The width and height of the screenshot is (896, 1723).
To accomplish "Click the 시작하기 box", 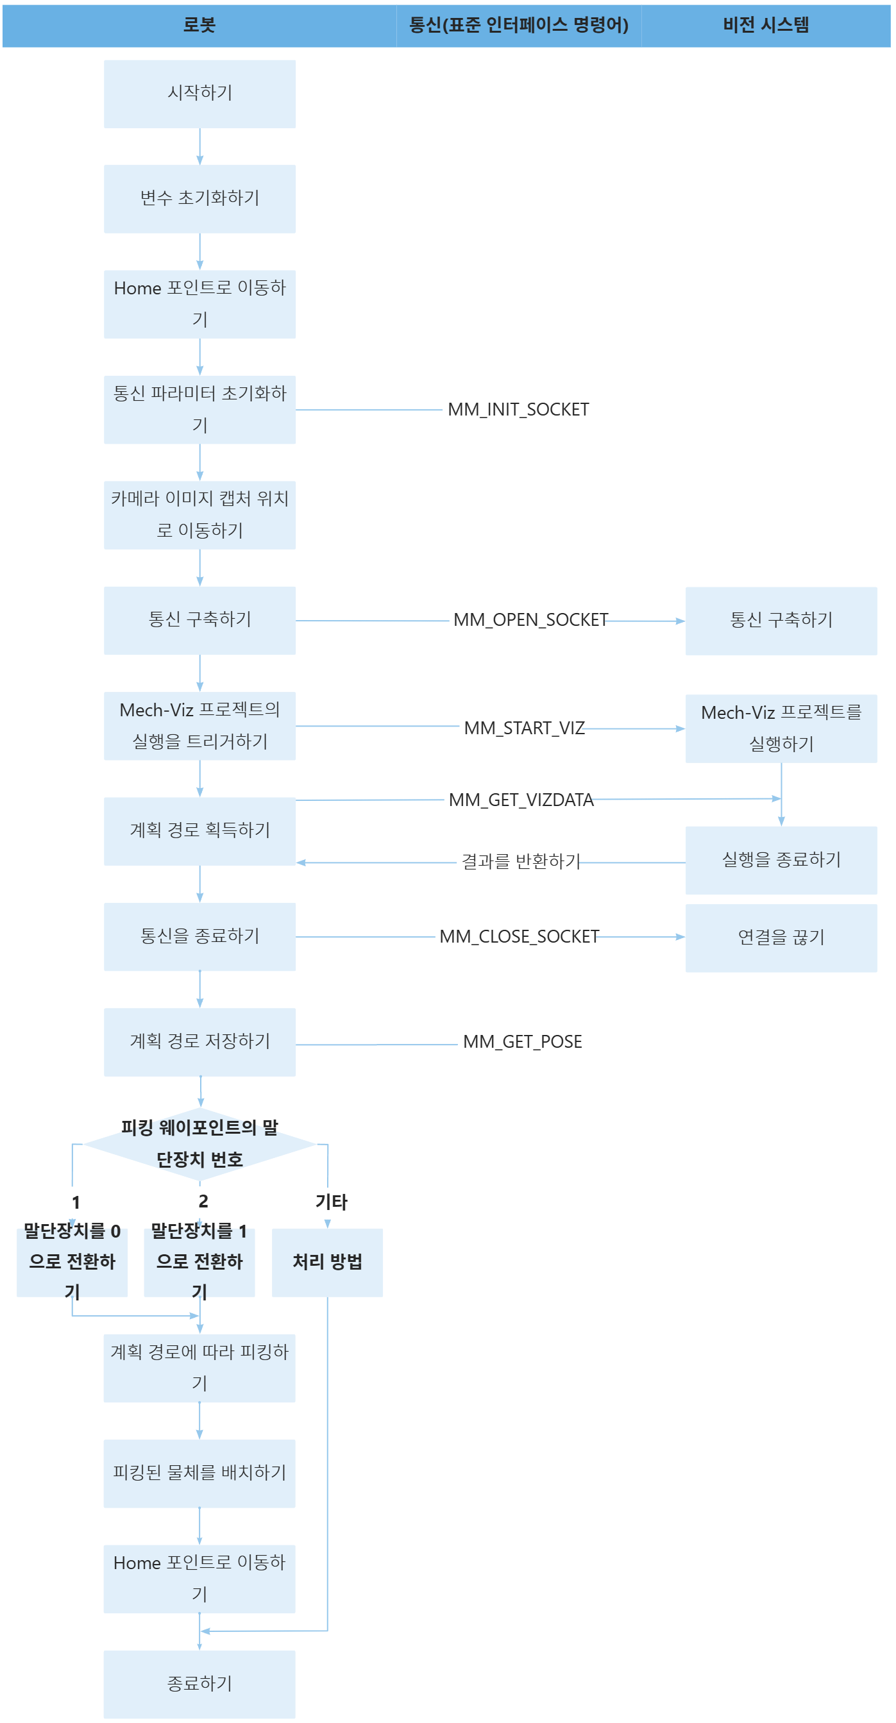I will point(199,94).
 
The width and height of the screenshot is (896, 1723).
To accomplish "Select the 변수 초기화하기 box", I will point(199,199).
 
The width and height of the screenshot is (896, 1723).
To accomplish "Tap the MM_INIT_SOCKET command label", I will point(518,409).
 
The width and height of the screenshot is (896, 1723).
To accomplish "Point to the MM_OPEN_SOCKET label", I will point(530,620).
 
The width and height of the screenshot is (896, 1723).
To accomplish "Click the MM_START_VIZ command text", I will point(524,728).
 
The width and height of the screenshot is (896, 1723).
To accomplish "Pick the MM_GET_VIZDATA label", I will point(521,800).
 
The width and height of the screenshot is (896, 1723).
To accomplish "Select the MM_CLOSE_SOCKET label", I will point(519,936).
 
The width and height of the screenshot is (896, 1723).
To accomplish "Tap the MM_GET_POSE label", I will point(523,1041).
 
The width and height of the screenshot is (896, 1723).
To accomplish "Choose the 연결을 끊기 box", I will point(781,937).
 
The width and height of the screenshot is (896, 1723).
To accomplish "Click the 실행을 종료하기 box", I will point(781,860).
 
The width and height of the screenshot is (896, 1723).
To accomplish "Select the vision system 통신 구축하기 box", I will point(781,620).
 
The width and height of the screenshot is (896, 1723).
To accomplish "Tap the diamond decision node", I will point(199,1144).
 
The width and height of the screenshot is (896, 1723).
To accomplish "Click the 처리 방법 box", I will point(327,1262).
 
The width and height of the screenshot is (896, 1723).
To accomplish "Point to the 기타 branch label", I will point(331,1202).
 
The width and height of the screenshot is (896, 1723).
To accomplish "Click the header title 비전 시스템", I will point(766,26).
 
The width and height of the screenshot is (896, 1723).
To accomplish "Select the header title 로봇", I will point(199,26).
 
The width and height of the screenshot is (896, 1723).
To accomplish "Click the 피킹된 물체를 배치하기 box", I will point(199,1473).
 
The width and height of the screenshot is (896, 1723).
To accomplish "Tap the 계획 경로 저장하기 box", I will point(199,1041).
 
